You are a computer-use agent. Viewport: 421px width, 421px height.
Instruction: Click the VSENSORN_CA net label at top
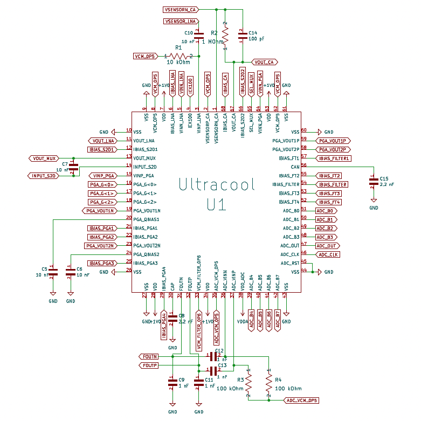(180, 10)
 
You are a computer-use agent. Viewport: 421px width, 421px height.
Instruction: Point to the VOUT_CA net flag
(264, 62)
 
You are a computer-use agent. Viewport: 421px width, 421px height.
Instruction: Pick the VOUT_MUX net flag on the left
(43, 158)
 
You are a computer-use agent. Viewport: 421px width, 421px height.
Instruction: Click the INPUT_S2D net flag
(43, 176)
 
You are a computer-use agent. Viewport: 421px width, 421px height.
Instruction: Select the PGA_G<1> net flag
(101, 193)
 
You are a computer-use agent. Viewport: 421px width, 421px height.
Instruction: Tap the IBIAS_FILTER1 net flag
(334, 158)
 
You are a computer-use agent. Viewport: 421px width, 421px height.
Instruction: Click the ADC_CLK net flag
(328, 254)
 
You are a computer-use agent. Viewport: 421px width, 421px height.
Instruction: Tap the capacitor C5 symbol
(53, 272)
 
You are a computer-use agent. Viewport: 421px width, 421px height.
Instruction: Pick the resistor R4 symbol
(268, 384)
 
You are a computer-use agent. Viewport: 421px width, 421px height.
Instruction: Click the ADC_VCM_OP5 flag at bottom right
(301, 401)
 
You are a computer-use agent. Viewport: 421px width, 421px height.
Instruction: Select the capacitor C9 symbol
(172, 383)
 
